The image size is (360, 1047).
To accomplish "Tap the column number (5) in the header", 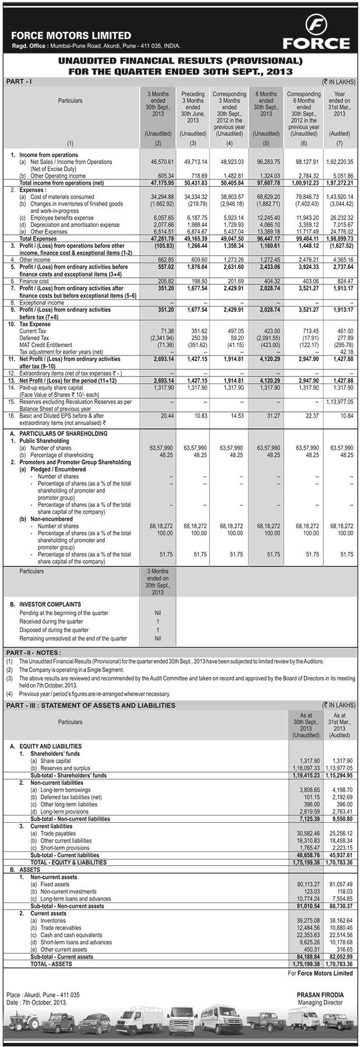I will (x=266, y=143).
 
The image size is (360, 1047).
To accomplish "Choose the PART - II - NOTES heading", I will (x=34, y=652).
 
